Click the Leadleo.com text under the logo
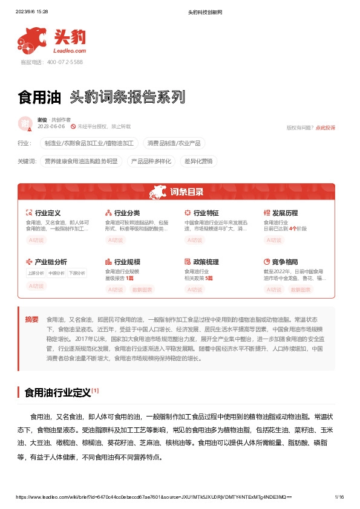[70, 52]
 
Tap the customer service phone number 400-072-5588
[60, 62]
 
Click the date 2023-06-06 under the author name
[51, 126]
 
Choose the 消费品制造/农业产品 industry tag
[175, 143]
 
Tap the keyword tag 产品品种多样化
[152, 161]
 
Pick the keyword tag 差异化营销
[198, 161]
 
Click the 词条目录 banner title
[186, 192]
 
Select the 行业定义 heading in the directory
[48, 213]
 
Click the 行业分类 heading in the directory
[127, 213]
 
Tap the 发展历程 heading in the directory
[285, 213]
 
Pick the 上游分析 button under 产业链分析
[36, 273]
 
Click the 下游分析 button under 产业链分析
[77, 273]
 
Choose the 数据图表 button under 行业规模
[143, 290]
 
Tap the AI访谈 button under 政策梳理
[195, 290]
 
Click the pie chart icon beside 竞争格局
[267, 262]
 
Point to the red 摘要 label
[31, 319]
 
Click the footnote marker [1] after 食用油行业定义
[95, 391]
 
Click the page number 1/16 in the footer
[339, 497]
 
